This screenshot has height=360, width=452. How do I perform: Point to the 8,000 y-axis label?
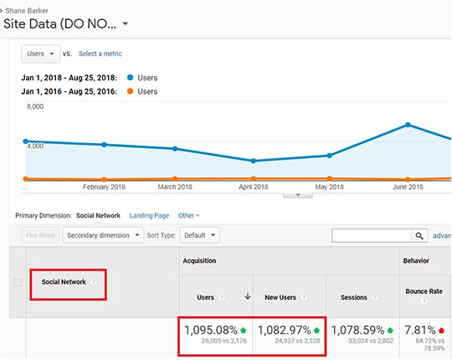point(35,107)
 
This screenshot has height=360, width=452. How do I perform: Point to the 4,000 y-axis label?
point(35,147)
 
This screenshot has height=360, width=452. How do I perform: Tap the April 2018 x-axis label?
point(253,187)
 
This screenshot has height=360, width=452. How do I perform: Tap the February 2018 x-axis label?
point(105,187)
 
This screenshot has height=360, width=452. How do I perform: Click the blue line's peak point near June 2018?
point(408,125)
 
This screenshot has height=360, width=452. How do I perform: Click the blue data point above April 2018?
point(253,161)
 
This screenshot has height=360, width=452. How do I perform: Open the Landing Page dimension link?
point(149,216)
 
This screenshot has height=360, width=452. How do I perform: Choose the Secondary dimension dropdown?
point(103,235)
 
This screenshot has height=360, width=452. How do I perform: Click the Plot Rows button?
point(40,235)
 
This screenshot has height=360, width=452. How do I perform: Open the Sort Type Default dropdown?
point(201,235)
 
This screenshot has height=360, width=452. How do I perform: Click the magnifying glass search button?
point(420,236)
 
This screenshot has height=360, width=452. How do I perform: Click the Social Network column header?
point(65,281)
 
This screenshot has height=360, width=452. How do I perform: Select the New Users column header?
point(280,297)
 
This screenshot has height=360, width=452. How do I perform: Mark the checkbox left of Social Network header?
point(18,282)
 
